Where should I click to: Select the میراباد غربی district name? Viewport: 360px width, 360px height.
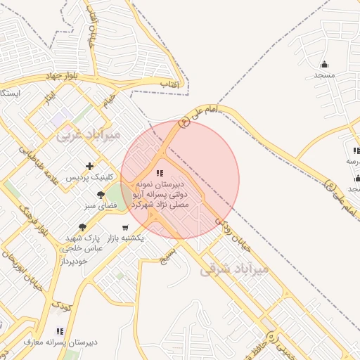[89, 133]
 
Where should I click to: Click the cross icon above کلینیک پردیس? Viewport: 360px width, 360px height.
[89, 166]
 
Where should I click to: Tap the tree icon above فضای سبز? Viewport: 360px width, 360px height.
[101, 195]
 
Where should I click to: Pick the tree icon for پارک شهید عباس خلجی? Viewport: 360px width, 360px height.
[82, 227]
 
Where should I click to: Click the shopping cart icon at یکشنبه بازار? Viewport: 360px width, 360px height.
[125, 227]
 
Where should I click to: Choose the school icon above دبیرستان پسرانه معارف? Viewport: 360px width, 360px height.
[60, 330]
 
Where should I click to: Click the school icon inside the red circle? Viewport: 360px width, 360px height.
[160, 172]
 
